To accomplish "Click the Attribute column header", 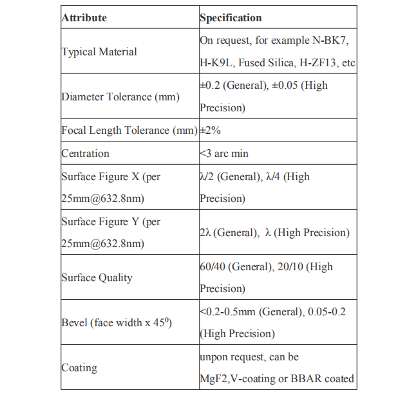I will coord(84,18).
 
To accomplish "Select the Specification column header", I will coord(231,18).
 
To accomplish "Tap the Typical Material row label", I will coord(99,52).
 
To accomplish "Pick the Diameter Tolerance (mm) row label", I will coord(120,97).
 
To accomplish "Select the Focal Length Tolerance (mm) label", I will coord(129,131).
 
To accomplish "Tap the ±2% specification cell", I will coord(210,131).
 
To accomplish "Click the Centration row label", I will coord(86,153).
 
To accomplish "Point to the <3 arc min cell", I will coord(224,153).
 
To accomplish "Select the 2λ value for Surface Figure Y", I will coord(205,233).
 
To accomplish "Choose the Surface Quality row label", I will coord(97,278).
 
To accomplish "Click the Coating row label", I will coord(79,368).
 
